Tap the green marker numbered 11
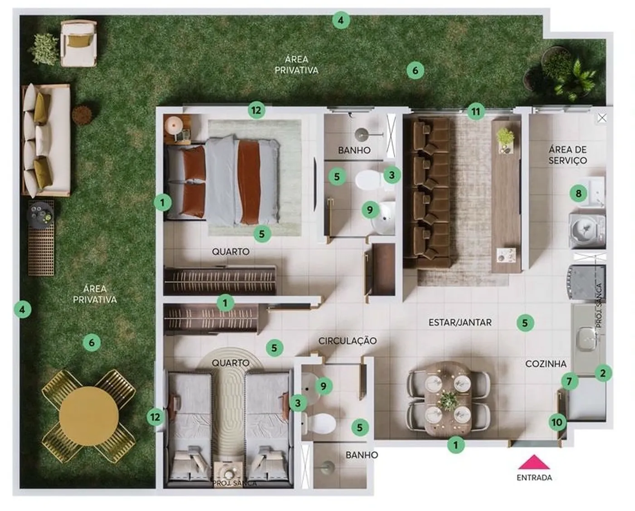[x=475, y=112]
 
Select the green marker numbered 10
[x=557, y=422]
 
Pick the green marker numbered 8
[x=578, y=194]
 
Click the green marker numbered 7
[x=570, y=381]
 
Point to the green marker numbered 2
[x=603, y=373]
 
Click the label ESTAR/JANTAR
[x=460, y=322]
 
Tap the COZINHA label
[x=546, y=364]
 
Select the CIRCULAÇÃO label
[x=347, y=341]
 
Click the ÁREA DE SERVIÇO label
[x=568, y=155]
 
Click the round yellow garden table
[x=89, y=416]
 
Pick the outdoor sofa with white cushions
[x=46, y=141]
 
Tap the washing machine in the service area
[x=587, y=230]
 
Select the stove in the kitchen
[x=586, y=284]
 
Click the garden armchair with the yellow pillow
[x=78, y=43]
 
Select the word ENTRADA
[x=534, y=477]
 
